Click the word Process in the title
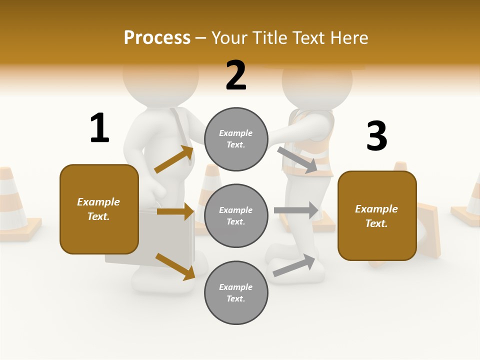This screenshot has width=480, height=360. (x=157, y=38)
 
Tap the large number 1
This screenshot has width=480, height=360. (x=99, y=128)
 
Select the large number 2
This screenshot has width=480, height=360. (x=236, y=75)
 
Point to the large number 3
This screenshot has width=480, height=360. (x=376, y=136)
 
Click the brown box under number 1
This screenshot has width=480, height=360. (x=99, y=209)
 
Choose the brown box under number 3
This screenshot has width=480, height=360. (x=377, y=215)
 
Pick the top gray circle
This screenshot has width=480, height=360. (x=236, y=139)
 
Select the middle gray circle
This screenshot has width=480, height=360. (x=236, y=215)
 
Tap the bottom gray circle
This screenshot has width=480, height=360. (x=236, y=292)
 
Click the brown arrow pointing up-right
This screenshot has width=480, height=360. (x=174, y=159)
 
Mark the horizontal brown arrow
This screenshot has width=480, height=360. (x=175, y=211)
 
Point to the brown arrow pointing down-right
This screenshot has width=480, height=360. (x=175, y=266)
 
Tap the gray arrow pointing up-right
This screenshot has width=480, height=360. (x=294, y=265)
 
